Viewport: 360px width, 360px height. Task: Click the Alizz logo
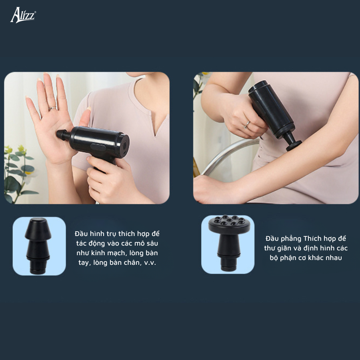23,15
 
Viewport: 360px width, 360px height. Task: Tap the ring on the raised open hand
52,108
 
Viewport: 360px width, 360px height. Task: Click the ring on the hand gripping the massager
247,124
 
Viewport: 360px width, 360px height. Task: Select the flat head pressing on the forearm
294,145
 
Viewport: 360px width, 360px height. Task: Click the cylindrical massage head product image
38,246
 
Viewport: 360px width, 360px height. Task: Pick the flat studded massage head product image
229,243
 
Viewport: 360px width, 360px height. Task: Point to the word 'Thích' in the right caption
312,238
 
